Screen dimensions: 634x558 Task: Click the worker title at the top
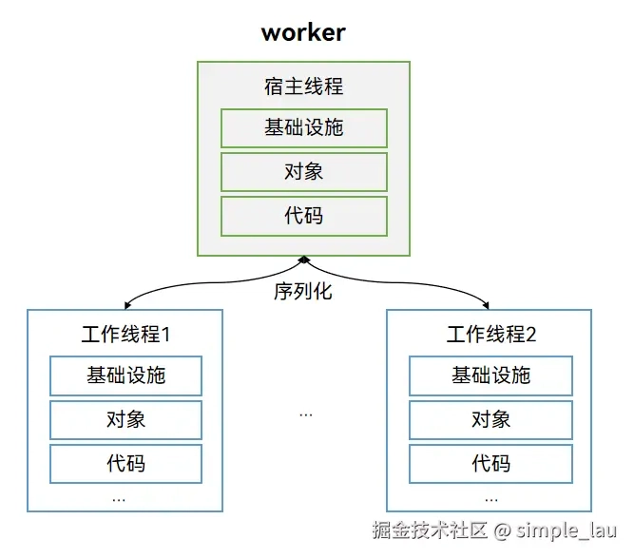pos(303,32)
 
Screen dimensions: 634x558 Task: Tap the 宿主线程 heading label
pos(303,87)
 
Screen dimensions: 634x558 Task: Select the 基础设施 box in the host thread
pos(304,128)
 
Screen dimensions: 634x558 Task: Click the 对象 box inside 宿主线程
pos(304,172)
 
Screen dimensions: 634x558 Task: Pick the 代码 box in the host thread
pos(304,216)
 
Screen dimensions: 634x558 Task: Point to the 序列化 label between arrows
pos(303,291)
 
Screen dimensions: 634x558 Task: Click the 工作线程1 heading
pos(125,335)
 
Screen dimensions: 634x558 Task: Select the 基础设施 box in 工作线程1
pos(125,375)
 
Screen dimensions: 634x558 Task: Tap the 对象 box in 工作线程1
pos(125,420)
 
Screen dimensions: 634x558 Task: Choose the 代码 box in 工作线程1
pos(125,464)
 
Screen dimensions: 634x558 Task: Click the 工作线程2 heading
pos(491,335)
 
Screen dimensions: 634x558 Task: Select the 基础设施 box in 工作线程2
pos(490,375)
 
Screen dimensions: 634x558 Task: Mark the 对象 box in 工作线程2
pos(490,420)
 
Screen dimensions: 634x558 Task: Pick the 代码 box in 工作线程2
pos(490,464)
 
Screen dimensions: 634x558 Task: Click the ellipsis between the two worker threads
pos(306,414)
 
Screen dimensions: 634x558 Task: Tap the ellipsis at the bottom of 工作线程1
pos(119,500)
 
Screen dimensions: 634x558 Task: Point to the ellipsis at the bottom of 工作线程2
pos(491,500)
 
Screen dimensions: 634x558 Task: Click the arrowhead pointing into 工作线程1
pos(127,306)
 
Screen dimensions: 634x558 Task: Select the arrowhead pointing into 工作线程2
pos(486,306)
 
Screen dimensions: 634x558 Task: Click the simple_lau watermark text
pos(567,530)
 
